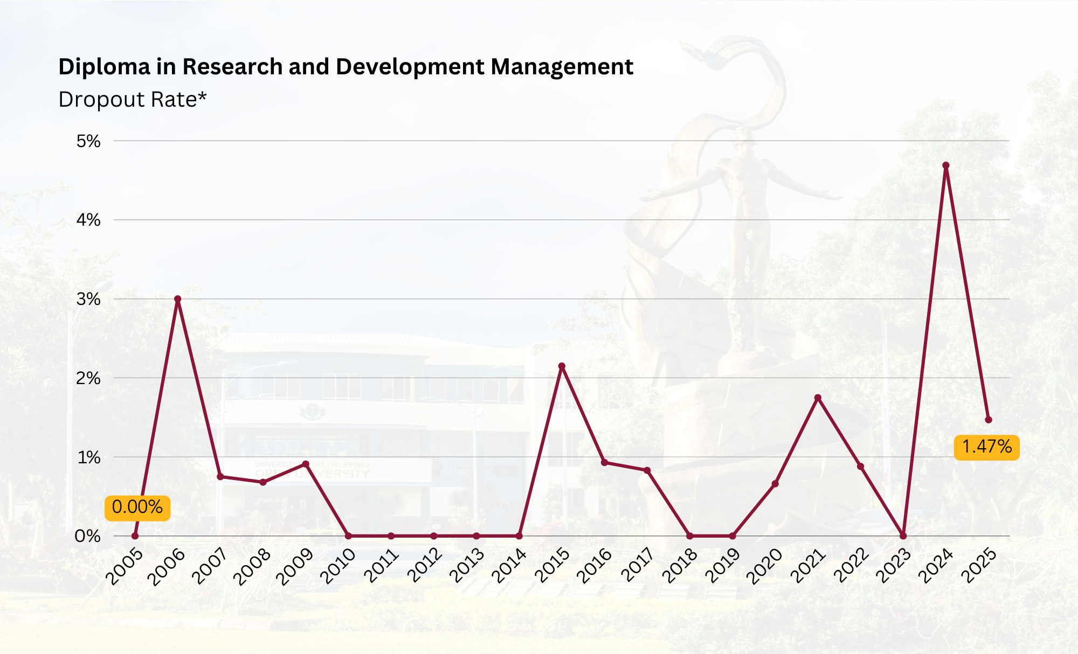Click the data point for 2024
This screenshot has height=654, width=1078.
(x=945, y=165)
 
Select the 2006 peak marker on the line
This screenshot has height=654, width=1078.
(x=177, y=299)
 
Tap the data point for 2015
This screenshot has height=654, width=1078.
(x=562, y=366)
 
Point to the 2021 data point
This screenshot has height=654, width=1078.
(x=818, y=398)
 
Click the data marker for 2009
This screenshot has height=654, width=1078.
(x=306, y=464)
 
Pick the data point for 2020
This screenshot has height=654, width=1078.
(x=775, y=484)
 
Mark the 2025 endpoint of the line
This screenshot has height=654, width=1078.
(x=988, y=420)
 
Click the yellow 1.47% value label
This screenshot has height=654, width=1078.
(x=986, y=447)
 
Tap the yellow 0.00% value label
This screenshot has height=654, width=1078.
(x=137, y=507)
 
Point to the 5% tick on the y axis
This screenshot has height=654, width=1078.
(x=88, y=141)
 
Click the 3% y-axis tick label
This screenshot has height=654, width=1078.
(x=88, y=299)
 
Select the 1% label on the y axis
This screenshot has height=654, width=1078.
(x=89, y=457)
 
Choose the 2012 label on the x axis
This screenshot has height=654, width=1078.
(x=424, y=565)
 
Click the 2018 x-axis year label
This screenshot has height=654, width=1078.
(x=680, y=565)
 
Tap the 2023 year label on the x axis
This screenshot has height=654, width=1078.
(x=893, y=565)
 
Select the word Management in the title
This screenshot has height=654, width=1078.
(x=562, y=67)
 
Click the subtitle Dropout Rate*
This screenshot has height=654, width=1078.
(x=133, y=100)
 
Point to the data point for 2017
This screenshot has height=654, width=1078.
(x=647, y=470)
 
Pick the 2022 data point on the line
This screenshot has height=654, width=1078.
(x=860, y=467)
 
